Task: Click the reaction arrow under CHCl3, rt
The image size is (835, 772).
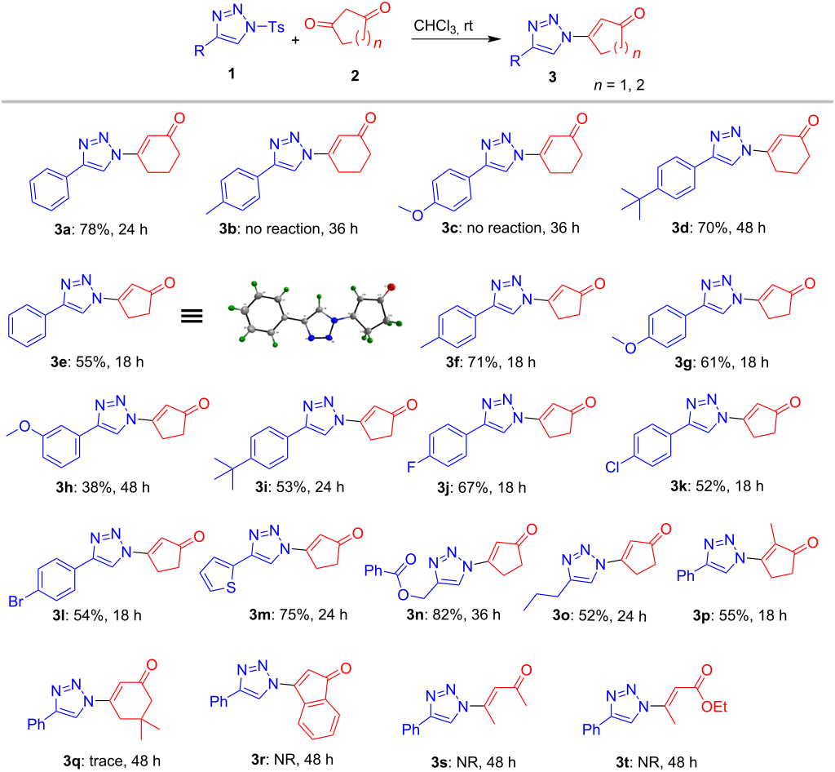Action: pos(457,39)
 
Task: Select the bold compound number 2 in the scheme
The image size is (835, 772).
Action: pos(355,76)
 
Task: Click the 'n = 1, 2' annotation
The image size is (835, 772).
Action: pos(619,85)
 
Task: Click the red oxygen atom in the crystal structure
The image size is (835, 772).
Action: pos(391,288)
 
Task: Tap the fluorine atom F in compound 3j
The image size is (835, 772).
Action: pos(411,468)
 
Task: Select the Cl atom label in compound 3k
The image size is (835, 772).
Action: pos(613,468)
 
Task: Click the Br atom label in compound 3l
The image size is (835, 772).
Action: pos(16,601)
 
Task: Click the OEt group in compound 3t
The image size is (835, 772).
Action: pos(714,707)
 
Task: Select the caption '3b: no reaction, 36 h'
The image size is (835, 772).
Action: pos(289,228)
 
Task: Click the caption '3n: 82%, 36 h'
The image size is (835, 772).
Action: pos(453,614)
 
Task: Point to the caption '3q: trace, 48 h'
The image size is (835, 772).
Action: pos(112,761)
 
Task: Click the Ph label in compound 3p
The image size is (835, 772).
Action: pos(685,575)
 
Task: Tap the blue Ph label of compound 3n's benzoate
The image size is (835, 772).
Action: pos(373,570)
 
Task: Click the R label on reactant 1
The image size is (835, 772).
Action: pos(199,51)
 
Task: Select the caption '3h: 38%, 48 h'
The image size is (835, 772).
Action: pos(103,487)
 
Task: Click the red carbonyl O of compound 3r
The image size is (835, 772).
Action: pos(346,668)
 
